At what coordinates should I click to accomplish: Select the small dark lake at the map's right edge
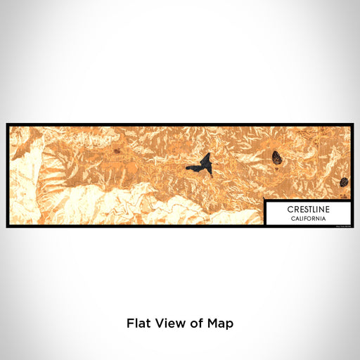tap(344, 182)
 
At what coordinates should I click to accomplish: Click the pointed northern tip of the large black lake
tap(208, 155)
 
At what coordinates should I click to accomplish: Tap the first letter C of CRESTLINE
tap(289, 210)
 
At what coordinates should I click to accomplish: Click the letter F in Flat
tap(130, 324)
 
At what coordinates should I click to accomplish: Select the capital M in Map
tap(214, 324)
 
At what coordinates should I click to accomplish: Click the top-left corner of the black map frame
tap(8, 125)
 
